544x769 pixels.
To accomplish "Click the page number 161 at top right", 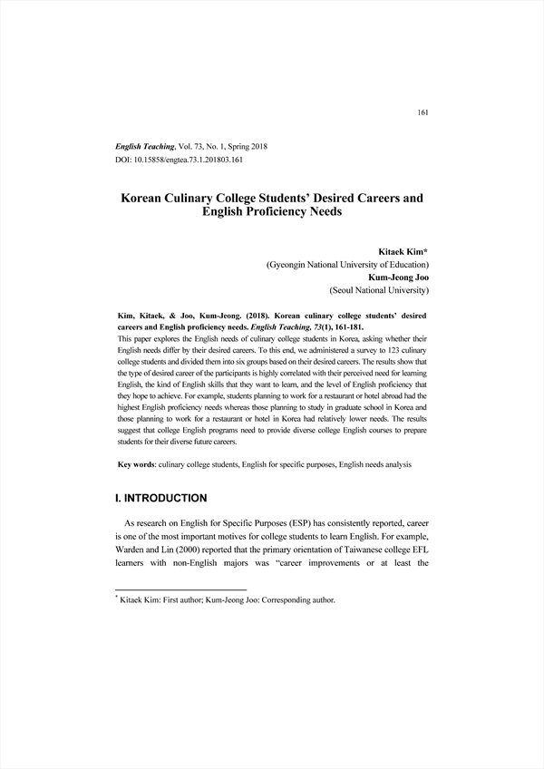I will (422, 112).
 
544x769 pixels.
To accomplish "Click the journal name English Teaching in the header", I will (149, 146).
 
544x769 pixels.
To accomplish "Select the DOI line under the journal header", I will (179, 160).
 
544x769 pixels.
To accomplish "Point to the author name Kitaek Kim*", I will (403, 249).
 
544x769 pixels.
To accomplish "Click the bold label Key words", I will (138, 464).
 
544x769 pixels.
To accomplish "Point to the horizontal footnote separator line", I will (170, 589).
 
